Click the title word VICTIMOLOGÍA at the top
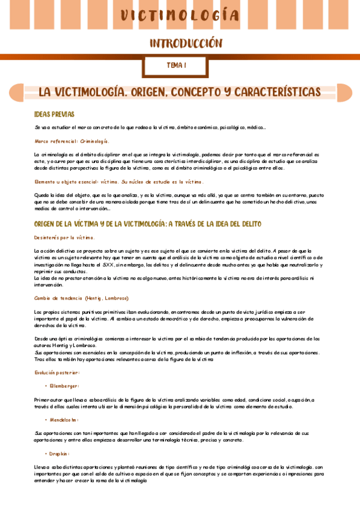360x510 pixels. [180, 16]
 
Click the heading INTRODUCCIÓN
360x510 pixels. [186, 43]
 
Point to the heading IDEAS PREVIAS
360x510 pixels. [54, 114]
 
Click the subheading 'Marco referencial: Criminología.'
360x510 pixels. [72, 141]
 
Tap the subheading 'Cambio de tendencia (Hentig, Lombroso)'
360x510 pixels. [81, 298]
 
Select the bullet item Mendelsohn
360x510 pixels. [64, 420]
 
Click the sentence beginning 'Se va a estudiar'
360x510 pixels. [150, 127]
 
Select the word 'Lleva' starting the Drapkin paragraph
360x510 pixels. [41, 467]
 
